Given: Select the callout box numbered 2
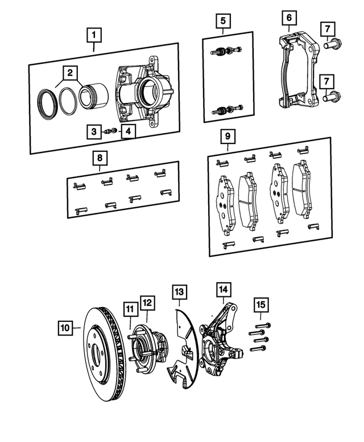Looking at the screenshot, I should pyautogui.click(x=70, y=73).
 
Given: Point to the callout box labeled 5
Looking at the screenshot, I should pyautogui.click(x=223, y=22).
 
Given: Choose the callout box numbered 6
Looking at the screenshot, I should pyautogui.click(x=288, y=19).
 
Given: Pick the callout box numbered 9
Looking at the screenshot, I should pyautogui.click(x=226, y=137).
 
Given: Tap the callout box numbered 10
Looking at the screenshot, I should pyautogui.click(x=66, y=328).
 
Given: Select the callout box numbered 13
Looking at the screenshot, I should pyautogui.click(x=179, y=292).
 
